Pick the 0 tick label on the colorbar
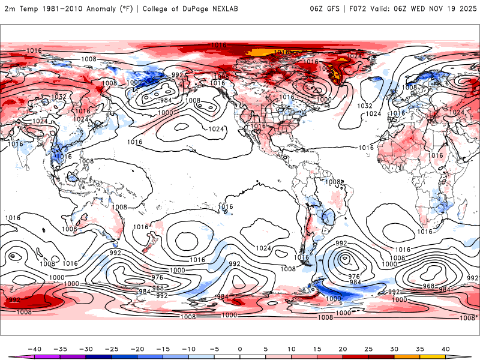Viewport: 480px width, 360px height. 240,349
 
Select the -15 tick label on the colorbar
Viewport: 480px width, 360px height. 163,349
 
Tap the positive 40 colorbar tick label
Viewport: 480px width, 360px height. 445,349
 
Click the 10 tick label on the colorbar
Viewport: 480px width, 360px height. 291,349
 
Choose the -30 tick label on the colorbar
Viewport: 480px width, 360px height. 86,349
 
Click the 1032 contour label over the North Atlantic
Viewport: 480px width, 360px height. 365,106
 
